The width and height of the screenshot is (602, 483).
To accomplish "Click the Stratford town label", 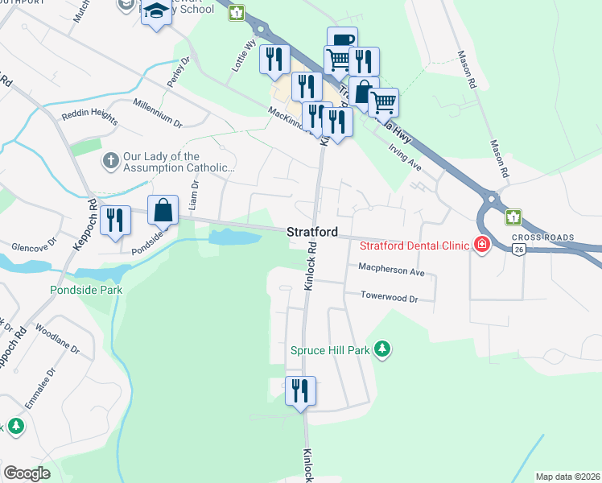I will pos(311,232).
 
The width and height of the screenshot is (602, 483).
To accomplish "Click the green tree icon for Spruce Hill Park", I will pos(385,349).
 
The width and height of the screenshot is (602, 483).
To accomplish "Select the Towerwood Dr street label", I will pos(390,298).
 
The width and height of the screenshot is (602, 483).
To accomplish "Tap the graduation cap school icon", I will pos(156,12).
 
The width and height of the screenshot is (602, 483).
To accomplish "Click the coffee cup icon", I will pos(342,39).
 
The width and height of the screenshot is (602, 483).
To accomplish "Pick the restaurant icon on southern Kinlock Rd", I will pos(301,391).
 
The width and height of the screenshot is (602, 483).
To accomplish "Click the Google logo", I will pos(27,473).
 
